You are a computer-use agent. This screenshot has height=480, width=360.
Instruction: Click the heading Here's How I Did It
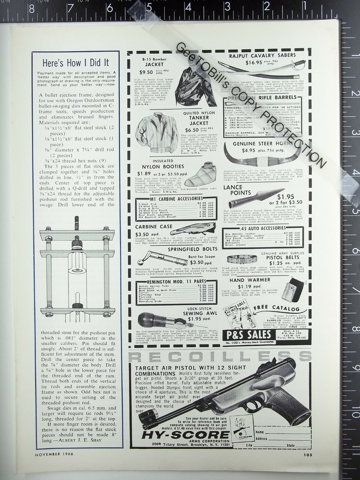pos(76,63)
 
